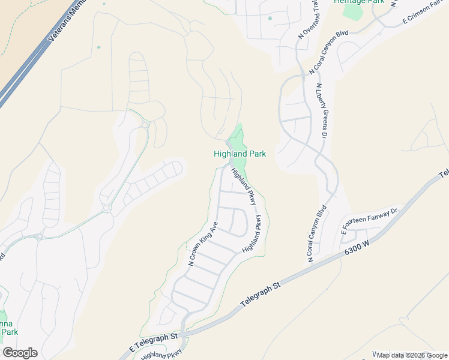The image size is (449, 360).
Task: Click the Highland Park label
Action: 240,154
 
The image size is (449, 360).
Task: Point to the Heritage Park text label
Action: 359,2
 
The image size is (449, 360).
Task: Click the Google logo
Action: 20,353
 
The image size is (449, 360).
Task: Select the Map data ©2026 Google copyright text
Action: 411,355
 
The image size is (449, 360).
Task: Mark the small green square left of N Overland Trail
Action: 270,18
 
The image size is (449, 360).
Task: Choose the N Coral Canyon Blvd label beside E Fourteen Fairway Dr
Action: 320,234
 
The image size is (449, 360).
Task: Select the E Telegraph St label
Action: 154,342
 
